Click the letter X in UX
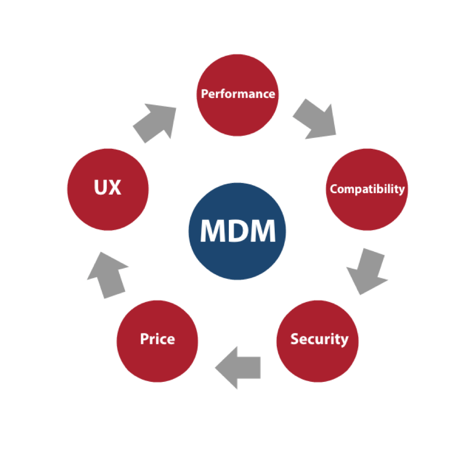tap(115, 188)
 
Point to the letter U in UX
tap(100, 188)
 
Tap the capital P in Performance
tap(204, 93)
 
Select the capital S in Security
tap(295, 339)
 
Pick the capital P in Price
tap(143, 339)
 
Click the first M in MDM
tap(211, 231)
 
